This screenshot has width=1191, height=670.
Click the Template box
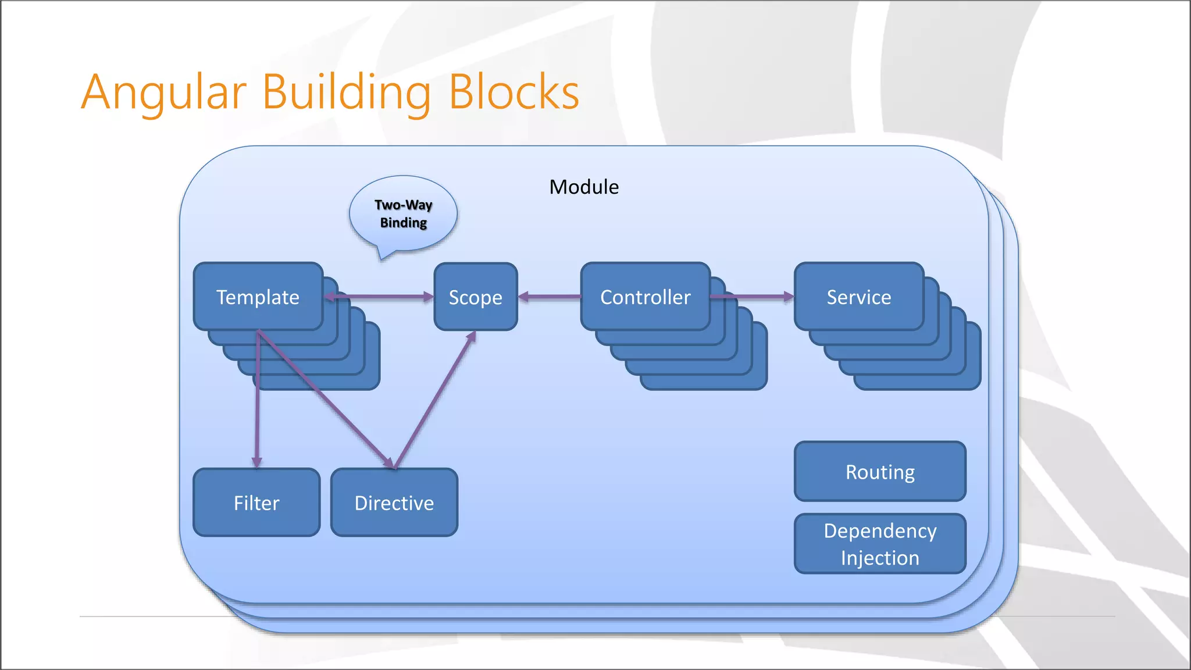point(258,297)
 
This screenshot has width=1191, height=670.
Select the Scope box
point(475,297)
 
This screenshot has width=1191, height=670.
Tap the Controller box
point(645,297)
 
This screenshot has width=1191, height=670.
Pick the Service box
point(858,297)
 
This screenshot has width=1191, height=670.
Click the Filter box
point(256,502)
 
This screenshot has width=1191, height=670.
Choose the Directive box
point(394,502)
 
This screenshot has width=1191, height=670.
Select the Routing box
point(880,472)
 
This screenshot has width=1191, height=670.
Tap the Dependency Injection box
point(880,544)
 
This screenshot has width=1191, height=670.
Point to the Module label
point(584,187)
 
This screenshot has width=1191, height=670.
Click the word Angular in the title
point(164,93)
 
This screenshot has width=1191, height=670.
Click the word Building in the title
point(347,93)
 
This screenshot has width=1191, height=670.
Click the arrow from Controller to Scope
point(550,297)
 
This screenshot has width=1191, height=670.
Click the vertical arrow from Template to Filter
point(257,407)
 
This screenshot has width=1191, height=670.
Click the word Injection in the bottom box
point(880,558)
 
